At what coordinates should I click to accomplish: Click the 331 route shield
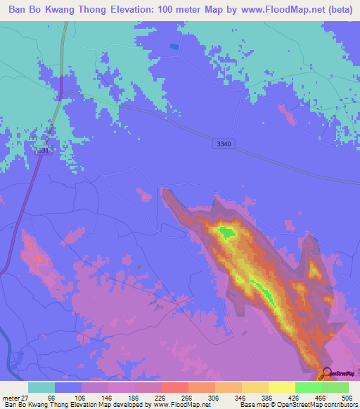(44, 150)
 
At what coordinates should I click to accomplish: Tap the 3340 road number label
(224, 143)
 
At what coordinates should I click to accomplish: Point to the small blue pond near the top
(174, 46)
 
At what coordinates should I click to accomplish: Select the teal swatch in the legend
(41, 387)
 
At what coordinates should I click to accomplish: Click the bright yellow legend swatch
(281, 387)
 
